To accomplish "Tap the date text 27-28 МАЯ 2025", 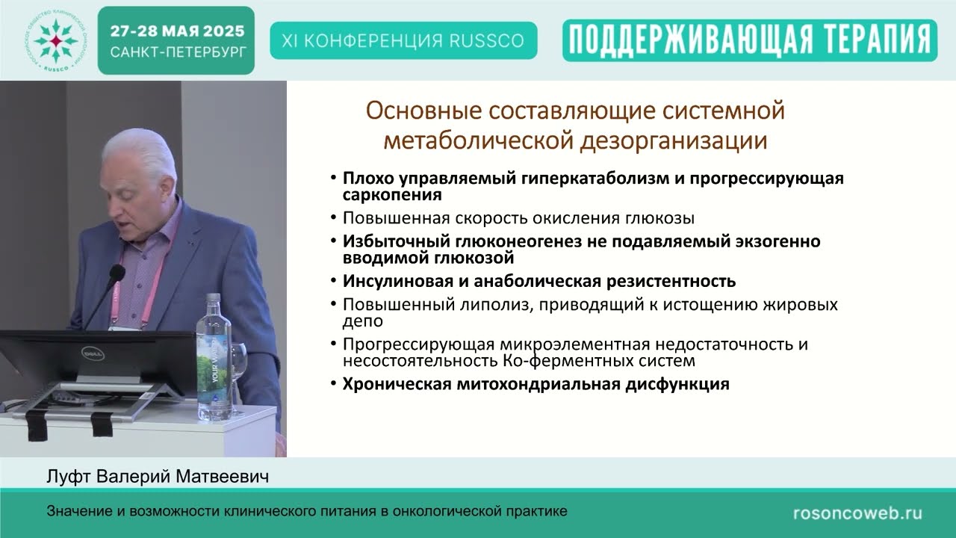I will pyautogui.click(x=176, y=31).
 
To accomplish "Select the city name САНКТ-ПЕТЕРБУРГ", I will pyautogui.click(x=176, y=53).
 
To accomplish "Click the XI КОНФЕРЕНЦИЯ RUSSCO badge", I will pyautogui.click(x=403, y=40).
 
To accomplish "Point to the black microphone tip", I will pyautogui.click(x=117, y=272).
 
